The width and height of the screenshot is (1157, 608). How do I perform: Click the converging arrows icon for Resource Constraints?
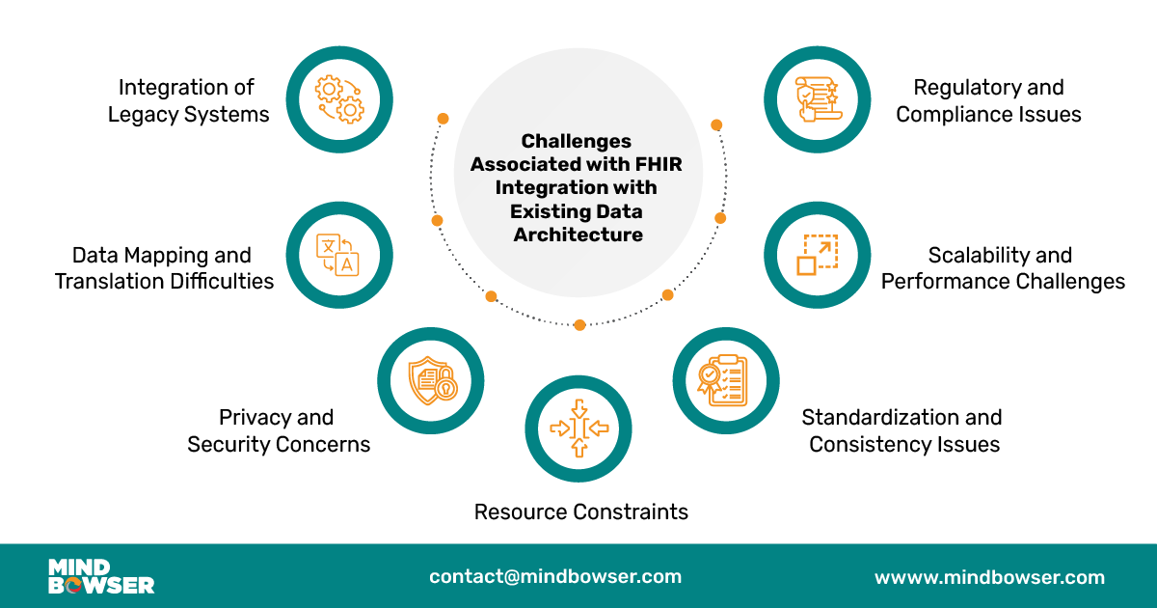pyautogui.click(x=578, y=428)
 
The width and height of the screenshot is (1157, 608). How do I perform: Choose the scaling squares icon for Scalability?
pyautogui.click(x=817, y=255)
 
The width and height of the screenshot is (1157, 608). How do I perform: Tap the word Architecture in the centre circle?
pyautogui.click(x=578, y=234)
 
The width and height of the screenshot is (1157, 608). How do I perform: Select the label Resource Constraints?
pyautogui.click(x=580, y=511)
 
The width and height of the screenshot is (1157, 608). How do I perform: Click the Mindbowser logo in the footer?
pyautogui.click(x=101, y=576)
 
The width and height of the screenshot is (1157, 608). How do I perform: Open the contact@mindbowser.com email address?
pyautogui.click(x=555, y=576)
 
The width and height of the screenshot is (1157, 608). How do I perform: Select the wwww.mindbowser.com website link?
pyautogui.click(x=989, y=577)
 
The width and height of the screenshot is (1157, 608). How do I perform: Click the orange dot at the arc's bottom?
pyautogui.click(x=579, y=325)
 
